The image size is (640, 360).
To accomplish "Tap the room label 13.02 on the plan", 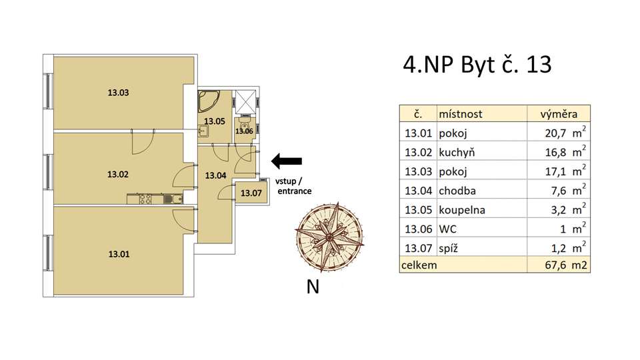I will pyautogui.click(x=117, y=175).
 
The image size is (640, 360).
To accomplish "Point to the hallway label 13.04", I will pyautogui.click(x=215, y=176).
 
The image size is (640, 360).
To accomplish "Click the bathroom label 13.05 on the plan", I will pyautogui.click(x=215, y=121).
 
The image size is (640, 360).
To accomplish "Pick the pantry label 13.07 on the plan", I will pyautogui.click(x=251, y=193).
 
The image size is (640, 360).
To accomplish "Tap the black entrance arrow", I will pyautogui.click(x=287, y=161).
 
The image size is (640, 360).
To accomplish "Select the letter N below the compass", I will pyautogui.click(x=312, y=288).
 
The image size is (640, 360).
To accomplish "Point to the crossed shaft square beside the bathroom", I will pyautogui.click(x=248, y=101).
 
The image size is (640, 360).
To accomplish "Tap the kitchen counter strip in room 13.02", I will pyautogui.click(x=155, y=199).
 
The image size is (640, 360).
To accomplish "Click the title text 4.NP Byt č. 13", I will pyautogui.click(x=477, y=65).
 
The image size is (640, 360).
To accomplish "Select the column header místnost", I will pyautogui.click(x=460, y=114).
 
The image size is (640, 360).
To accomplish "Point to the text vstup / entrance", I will pyautogui.click(x=293, y=186).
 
